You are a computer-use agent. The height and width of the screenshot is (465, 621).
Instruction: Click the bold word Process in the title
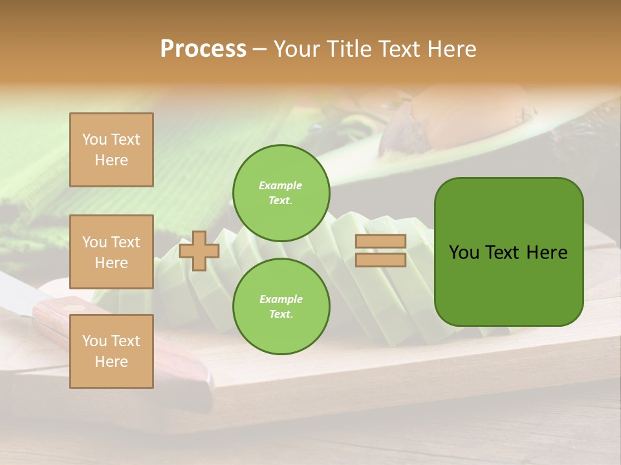click(203, 49)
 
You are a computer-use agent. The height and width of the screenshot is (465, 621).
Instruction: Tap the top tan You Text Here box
click(111, 150)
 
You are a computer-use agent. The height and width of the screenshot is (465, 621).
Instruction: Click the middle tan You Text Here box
click(111, 252)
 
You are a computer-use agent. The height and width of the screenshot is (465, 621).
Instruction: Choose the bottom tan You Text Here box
click(111, 351)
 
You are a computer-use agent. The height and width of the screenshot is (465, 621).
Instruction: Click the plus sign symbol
click(199, 251)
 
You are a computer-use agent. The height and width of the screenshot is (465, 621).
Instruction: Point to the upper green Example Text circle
click(281, 193)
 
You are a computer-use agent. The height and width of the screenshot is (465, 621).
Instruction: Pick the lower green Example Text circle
click(281, 307)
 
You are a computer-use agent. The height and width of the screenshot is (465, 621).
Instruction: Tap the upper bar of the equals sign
click(380, 242)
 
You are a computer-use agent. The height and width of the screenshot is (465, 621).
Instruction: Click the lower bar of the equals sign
click(380, 260)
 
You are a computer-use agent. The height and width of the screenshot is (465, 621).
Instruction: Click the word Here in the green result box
click(547, 253)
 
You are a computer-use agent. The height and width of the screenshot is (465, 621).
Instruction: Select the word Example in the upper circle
click(281, 185)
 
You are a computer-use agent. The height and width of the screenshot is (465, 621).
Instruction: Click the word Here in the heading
click(453, 49)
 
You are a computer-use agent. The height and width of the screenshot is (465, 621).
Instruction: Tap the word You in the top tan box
click(94, 139)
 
